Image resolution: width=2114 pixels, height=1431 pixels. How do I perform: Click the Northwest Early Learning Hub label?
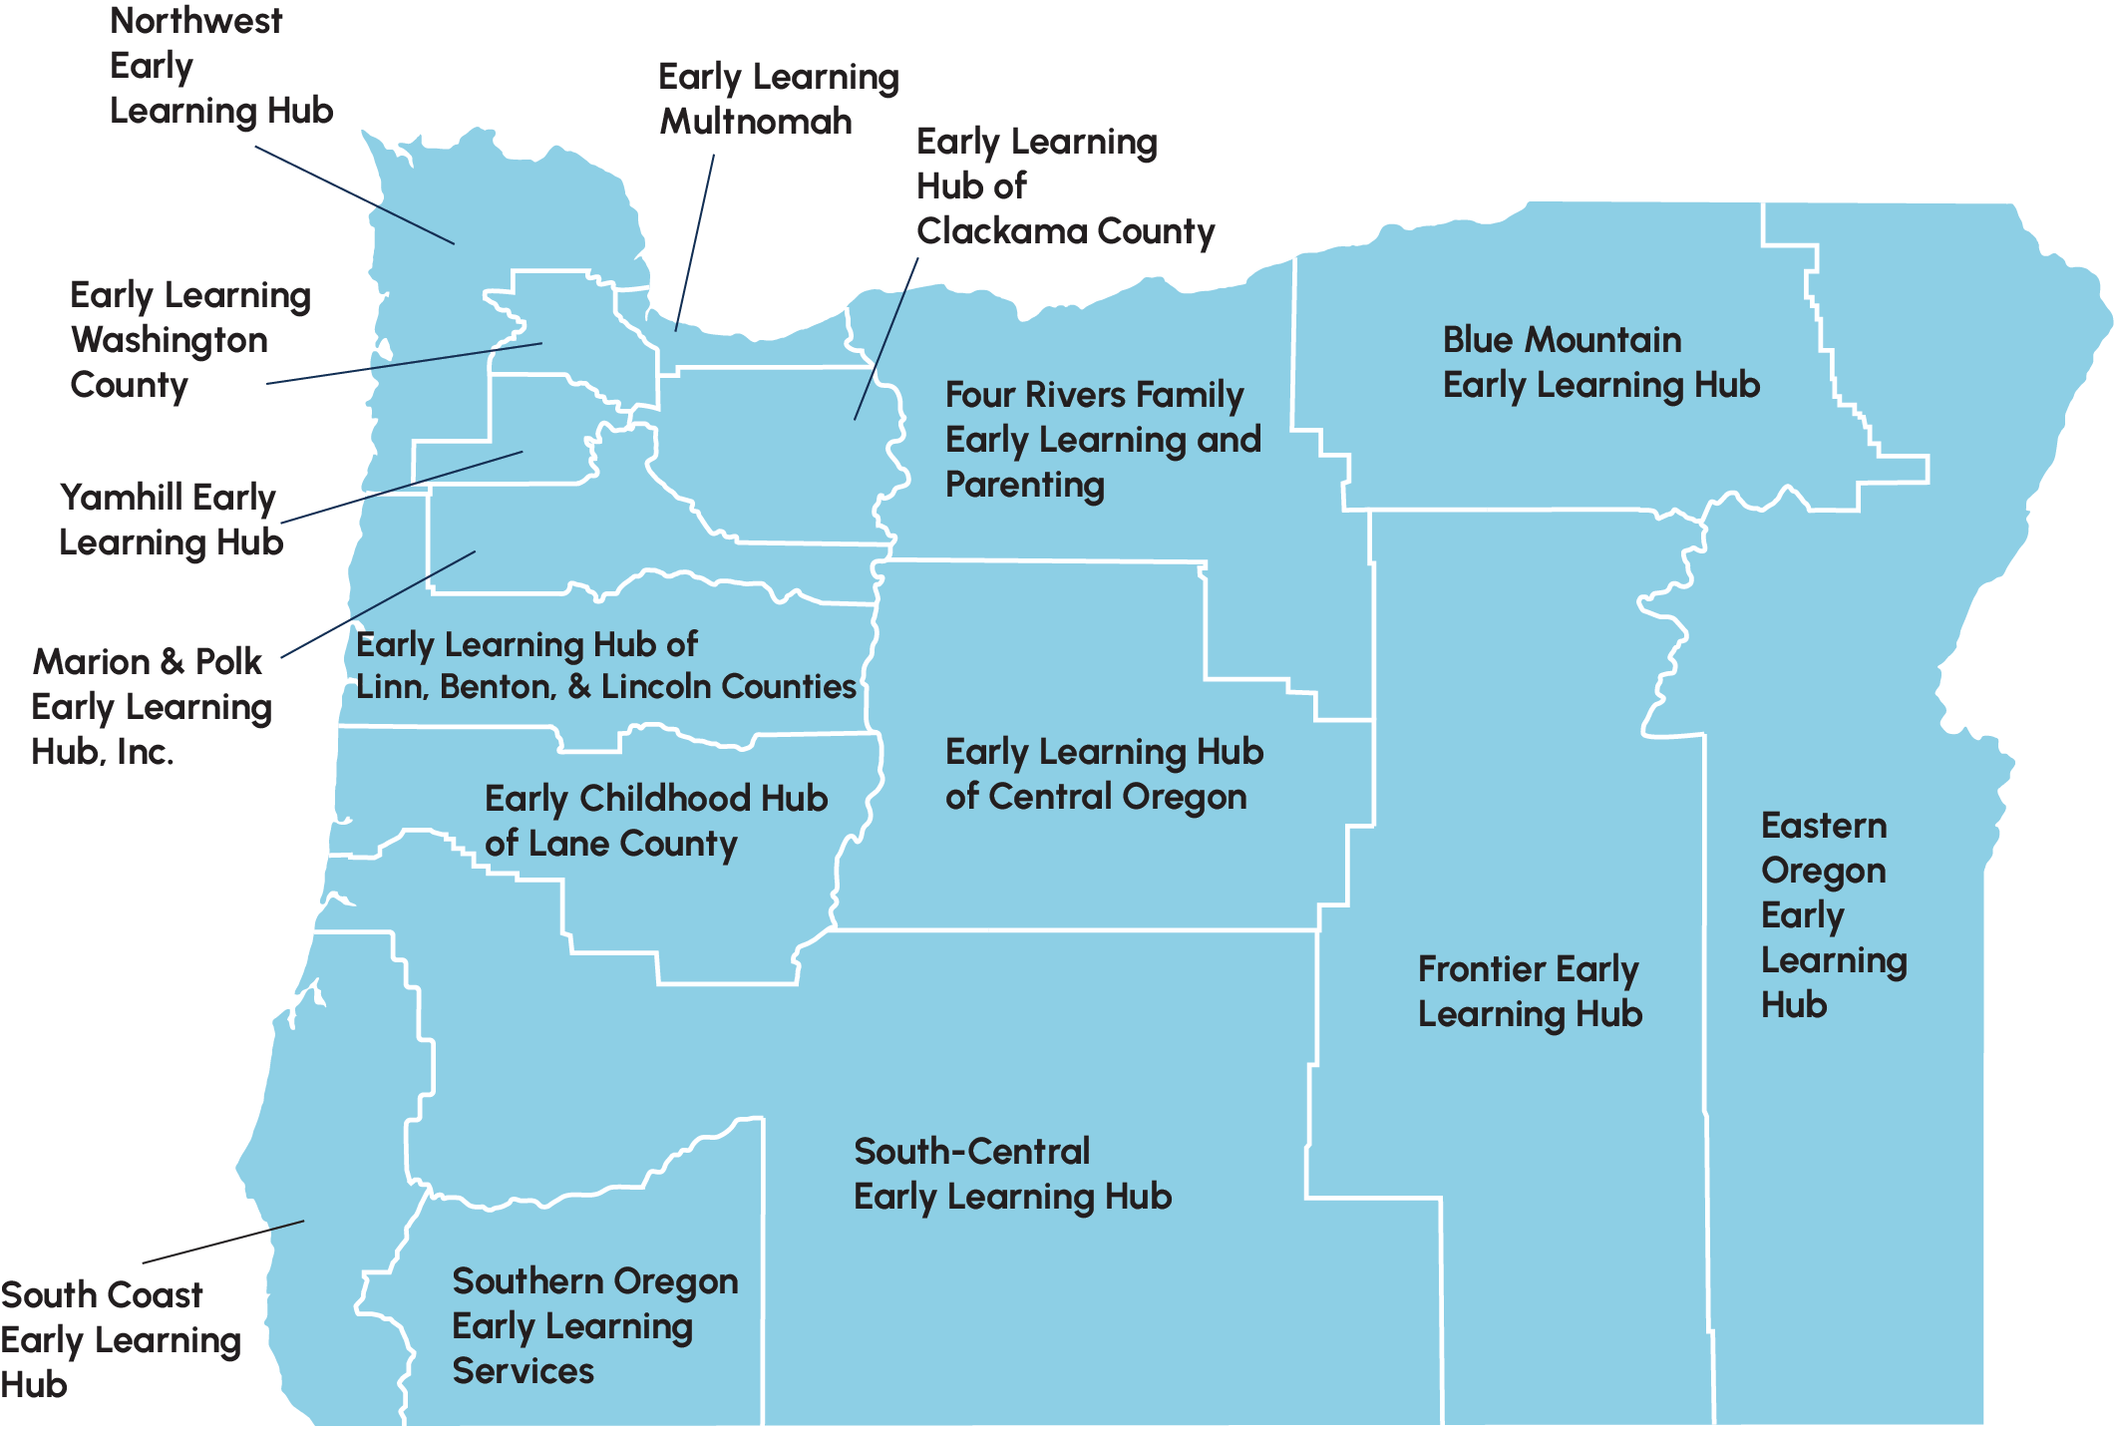point(220,66)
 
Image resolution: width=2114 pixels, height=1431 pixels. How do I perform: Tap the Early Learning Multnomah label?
point(778,99)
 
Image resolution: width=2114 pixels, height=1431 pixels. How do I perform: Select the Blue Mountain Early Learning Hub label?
point(1600,362)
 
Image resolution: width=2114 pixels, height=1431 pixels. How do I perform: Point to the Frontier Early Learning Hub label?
point(1530,991)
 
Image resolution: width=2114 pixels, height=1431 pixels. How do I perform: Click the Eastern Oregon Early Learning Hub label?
point(1833,914)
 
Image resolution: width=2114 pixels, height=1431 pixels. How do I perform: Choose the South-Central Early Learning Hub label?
point(1012,1174)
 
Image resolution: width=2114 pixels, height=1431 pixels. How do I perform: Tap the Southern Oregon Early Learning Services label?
point(594,1325)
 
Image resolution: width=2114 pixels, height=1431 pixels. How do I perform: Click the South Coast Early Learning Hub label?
point(120,1339)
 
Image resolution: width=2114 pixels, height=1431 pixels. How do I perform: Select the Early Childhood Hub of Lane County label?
point(655,821)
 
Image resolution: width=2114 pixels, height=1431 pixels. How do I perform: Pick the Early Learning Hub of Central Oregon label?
point(1104,774)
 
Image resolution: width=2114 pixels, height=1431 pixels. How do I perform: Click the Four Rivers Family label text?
point(1094,395)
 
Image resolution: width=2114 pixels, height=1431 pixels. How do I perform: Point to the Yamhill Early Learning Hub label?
point(171,520)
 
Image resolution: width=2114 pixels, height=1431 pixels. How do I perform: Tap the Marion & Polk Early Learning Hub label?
point(151,706)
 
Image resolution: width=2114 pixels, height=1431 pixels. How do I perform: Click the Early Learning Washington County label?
point(189,340)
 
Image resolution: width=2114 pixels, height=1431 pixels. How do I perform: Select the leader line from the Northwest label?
point(354,194)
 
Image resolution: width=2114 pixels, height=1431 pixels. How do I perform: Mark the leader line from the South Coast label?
point(223,1242)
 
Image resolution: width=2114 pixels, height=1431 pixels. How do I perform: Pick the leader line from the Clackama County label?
point(886,338)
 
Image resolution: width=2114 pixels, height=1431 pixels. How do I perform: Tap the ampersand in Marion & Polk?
point(172,661)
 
